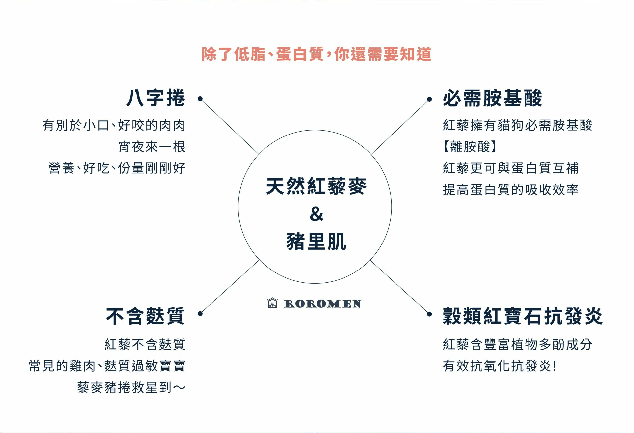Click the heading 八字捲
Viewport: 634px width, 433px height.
(156, 98)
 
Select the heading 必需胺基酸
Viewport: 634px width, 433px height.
(492, 98)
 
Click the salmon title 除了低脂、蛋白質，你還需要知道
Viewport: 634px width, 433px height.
(317, 54)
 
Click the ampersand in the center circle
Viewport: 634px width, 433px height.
(317, 214)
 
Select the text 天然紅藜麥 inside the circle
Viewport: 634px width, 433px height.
(316, 186)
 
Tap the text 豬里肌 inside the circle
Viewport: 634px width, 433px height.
(316, 242)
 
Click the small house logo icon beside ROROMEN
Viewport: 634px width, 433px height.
(272, 303)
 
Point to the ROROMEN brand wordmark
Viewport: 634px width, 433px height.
(323, 304)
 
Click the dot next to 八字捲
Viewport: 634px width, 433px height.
(200, 99)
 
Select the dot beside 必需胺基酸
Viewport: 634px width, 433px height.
(429, 99)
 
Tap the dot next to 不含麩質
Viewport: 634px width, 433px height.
(200, 314)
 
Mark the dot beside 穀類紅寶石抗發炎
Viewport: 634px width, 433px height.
(429, 314)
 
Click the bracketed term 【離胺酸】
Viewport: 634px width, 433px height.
(469, 147)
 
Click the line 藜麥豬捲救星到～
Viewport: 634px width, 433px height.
(131, 387)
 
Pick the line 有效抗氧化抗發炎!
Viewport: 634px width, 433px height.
(499, 366)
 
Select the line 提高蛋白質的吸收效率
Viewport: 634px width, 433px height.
(510, 190)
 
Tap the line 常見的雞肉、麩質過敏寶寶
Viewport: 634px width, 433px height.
(107, 366)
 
